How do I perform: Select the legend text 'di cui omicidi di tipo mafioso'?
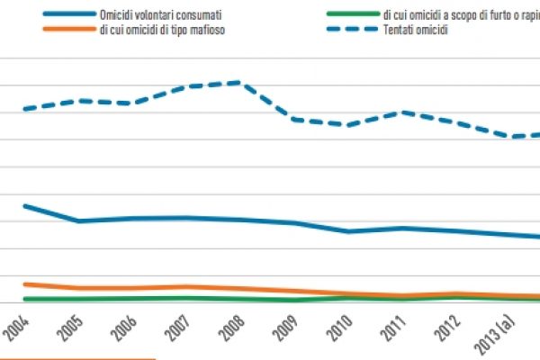point(163,31)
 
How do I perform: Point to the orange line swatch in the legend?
point(64,31)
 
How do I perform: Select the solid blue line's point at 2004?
point(24,206)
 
